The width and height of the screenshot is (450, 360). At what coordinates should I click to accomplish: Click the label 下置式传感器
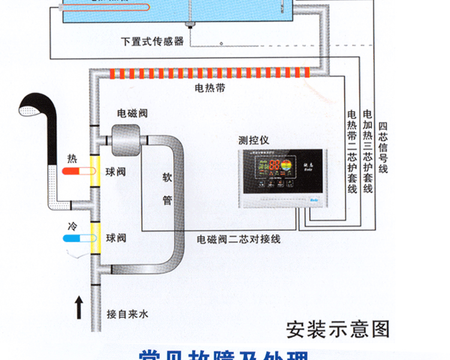click(x=152, y=41)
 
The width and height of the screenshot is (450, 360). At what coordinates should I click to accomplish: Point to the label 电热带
click(x=210, y=88)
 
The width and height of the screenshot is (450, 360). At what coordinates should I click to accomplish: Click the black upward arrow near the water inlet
click(x=79, y=307)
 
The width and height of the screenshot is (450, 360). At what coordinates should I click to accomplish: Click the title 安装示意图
click(x=338, y=329)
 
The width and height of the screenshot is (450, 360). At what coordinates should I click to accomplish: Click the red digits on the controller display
click(x=274, y=165)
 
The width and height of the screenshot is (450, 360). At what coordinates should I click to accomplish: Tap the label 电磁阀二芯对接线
click(x=239, y=239)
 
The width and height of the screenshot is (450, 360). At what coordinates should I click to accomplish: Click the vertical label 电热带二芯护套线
click(x=352, y=151)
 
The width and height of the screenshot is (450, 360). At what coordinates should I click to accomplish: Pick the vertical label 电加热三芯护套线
click(x=368, y=151)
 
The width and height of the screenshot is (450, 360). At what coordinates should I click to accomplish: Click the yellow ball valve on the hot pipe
click(x=95, y=172)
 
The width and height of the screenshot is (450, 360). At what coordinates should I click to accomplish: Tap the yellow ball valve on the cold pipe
click(x=95, y=238)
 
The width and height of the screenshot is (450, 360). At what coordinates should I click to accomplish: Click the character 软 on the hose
click(x=167, y=178)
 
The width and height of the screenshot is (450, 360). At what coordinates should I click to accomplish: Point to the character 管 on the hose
click(x=167, y=200)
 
